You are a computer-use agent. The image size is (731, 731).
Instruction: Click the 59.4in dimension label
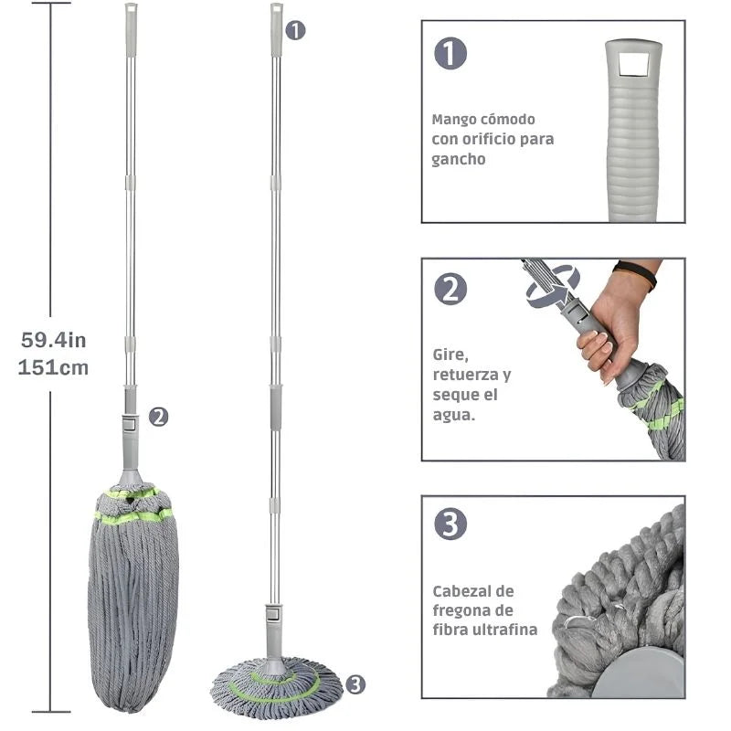click(x=54, y=340)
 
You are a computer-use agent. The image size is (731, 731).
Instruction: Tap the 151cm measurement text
click(x=53, y=367)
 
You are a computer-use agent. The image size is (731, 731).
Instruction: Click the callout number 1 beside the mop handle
click(x=295, y=31)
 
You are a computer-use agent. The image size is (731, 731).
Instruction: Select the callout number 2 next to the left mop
click(x=158, y=417)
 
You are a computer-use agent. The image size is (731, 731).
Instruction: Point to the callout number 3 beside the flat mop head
click(x=355, y=684)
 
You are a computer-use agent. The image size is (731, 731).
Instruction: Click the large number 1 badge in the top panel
click(x=450, y=53)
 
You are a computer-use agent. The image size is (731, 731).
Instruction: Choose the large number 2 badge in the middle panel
click(x=450, y=289)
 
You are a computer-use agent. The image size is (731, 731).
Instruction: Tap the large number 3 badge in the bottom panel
click(x=450, y=524)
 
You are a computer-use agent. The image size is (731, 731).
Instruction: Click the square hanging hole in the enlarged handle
click(x=633, y=64)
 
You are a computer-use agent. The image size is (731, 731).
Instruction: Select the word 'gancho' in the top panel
click(x=459, y=159)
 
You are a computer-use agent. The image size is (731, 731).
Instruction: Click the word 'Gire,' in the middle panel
click(x=450, y=355)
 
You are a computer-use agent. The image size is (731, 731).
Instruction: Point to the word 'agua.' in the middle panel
click(x=453, y=416)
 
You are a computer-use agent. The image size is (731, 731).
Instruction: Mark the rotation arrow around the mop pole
click(x=554, y=288)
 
